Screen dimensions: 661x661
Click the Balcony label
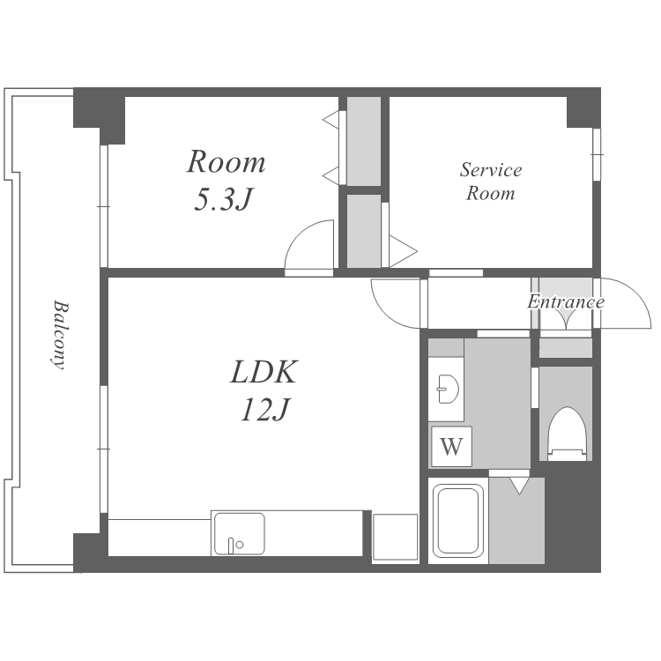click(x=59, y=334)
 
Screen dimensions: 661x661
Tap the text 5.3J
click(x=224, y=199)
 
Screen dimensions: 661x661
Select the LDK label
click(x=264, y=371)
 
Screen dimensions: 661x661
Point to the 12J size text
click(x=265, y=409)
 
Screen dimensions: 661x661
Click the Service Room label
click(x=491, y=182)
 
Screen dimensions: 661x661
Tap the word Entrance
click(x=566, y=301)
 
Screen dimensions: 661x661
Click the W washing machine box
click(x=451, y=446)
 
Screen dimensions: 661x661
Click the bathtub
click(x=458, y=521)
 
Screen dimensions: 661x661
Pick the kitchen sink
click(x=240, y=533)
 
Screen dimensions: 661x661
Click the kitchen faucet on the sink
click(x=231, y=546)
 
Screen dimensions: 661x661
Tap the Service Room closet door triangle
click(x=403, y=251)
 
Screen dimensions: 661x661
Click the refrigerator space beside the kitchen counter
click(x=395, y=538)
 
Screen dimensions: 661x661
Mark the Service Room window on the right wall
click(x=597, y=155)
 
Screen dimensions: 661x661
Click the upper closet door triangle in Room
click(x=330, y=120)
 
